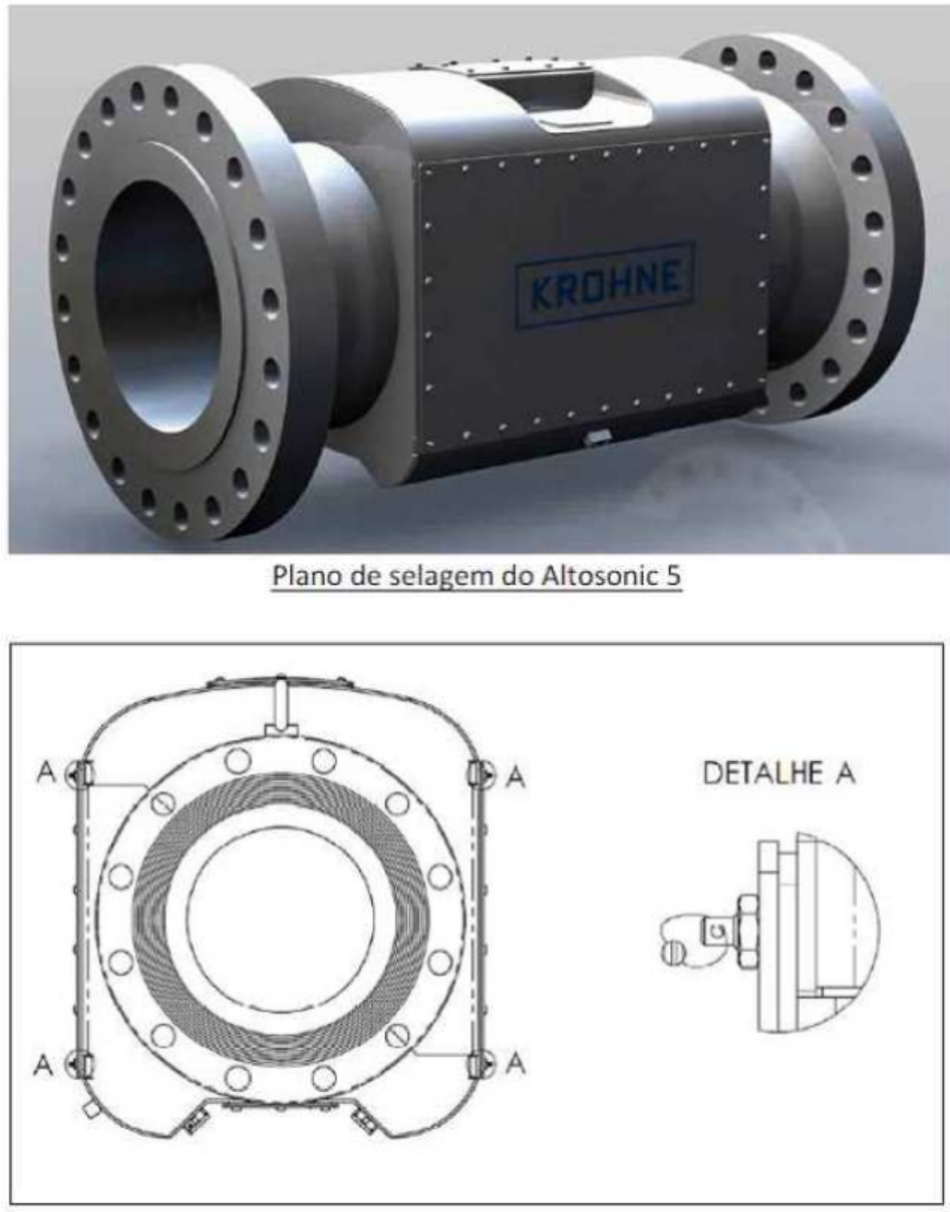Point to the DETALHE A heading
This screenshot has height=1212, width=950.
[x=779, y=774]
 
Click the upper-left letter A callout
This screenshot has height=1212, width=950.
[x=47, y=773]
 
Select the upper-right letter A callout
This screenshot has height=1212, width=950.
[x=515, y=776]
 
